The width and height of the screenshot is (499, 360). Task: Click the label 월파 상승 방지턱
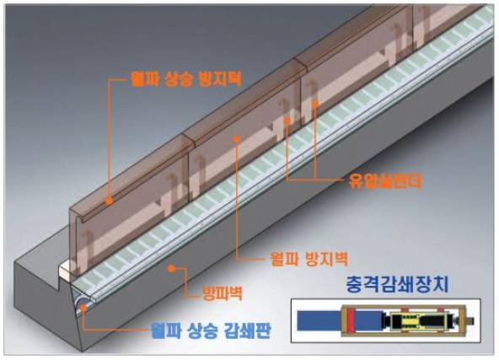click(x=186, y=78)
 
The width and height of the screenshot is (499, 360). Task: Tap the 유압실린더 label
click(x=385, y=180)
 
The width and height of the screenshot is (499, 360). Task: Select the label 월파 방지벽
click(x=309, y=259)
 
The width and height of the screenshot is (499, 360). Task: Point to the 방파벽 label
click(x=223, y=293)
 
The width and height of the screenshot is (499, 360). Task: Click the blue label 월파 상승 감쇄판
click(x=211, y=331)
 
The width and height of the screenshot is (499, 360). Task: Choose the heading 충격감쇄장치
click(x=397, y=284)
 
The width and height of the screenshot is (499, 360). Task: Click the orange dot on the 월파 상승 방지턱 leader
click(x=110, y=201)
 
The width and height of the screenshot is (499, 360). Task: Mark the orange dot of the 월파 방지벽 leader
click(x=237, y=138)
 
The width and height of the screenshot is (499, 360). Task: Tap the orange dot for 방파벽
click(x=171, y=269)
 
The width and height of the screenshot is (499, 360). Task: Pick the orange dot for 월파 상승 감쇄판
click(x=83, y=308)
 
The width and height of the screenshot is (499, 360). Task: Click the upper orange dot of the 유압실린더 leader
click(x=315, y=103)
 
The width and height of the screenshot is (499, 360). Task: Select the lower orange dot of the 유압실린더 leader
click(x=287, y=121)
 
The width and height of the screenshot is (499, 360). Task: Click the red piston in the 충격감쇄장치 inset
click(x=351, y=320)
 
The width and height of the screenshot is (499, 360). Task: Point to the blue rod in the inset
click(x=319, y=320)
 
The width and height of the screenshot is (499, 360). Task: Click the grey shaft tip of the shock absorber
click(x=470, y=320)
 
